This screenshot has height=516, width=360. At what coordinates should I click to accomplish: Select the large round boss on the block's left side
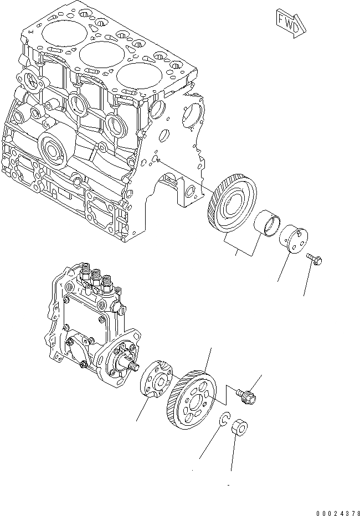54,149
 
